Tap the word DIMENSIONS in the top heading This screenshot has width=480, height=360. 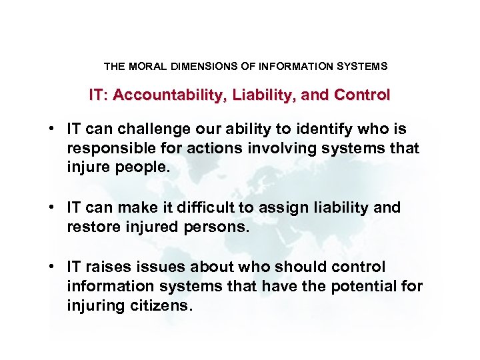pyautogui.click(x=198, y=67)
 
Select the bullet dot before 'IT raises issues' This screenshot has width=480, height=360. pyautogui.click(x=59, y=267)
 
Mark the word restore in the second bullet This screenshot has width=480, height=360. pyautogui.click(x=89, y=227)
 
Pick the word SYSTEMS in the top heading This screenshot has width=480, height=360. pyautogui.click(x=364, y=67)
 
